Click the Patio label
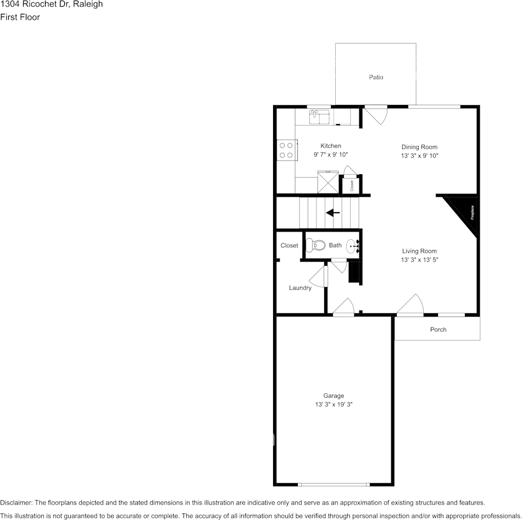pos(376,78)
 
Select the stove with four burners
pos(286,150)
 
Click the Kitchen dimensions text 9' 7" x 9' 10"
pos(331,155)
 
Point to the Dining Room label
pos(419,147)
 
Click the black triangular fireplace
pos(464,212)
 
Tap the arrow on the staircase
pos(333,213)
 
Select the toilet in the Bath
pos(315,245)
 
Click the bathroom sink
pos(352,246)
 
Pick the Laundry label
pos(300,288)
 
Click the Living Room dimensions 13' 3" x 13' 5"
pos(419,260)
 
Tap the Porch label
pos(438,330)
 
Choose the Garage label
pos(334,396)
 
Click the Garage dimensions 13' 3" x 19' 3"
pos(334,405)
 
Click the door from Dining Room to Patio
pos(377,114)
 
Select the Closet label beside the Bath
pos(289,246)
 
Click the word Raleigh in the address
pos(88,4)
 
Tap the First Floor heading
pos(20,17)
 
